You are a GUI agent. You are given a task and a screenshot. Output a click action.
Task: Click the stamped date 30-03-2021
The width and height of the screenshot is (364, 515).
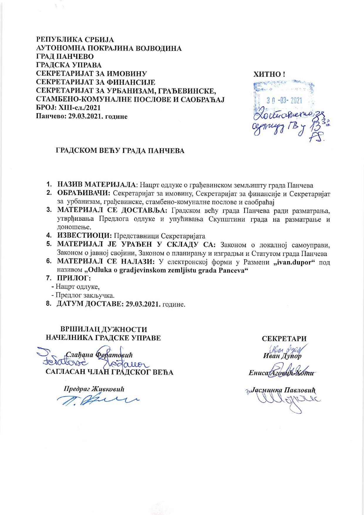pos(284,101)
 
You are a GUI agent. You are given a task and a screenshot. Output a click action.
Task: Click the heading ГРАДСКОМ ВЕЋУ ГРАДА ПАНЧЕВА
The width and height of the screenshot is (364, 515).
pos(120,151)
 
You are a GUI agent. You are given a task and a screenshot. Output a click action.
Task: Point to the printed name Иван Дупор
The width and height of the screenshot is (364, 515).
pos(282,356)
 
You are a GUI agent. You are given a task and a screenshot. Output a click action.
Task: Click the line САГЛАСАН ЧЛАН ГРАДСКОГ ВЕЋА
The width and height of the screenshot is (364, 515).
pos(109,372)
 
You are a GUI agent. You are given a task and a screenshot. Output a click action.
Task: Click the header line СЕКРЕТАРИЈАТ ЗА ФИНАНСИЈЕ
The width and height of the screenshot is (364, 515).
pos(95,81)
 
